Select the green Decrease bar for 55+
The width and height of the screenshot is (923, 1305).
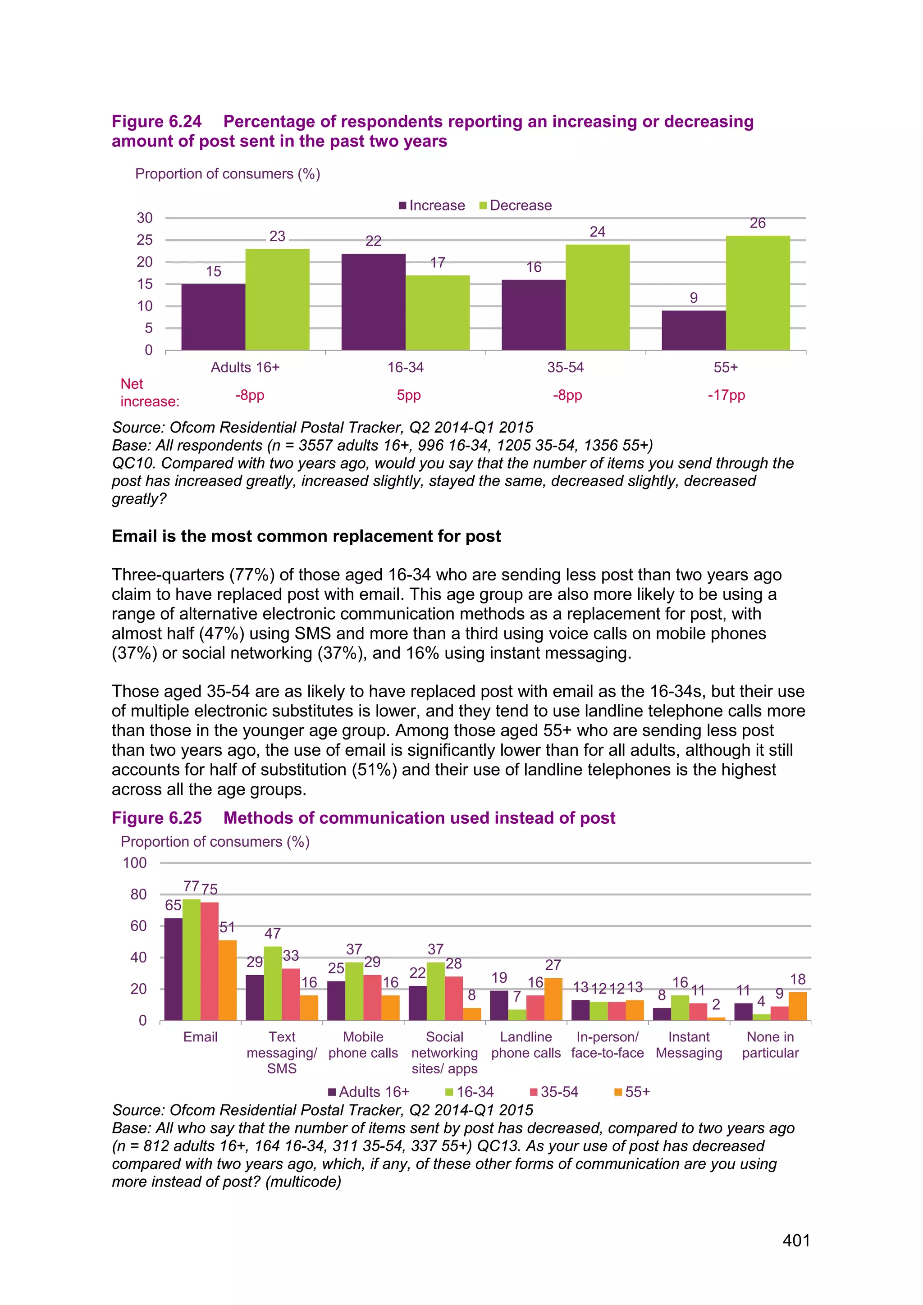[x=758, y=293]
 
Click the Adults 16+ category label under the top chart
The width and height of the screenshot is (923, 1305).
[x=245, y=367]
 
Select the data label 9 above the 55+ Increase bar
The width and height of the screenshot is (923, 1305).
[x=694, y=298]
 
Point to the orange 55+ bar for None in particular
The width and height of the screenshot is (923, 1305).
[x=797, y=1006]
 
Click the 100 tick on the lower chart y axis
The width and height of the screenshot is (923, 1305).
[x=135, y=863]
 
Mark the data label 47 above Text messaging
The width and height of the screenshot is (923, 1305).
[x=272, y=933]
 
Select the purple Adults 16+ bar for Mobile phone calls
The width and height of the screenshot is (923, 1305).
[x=336, y=1000]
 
